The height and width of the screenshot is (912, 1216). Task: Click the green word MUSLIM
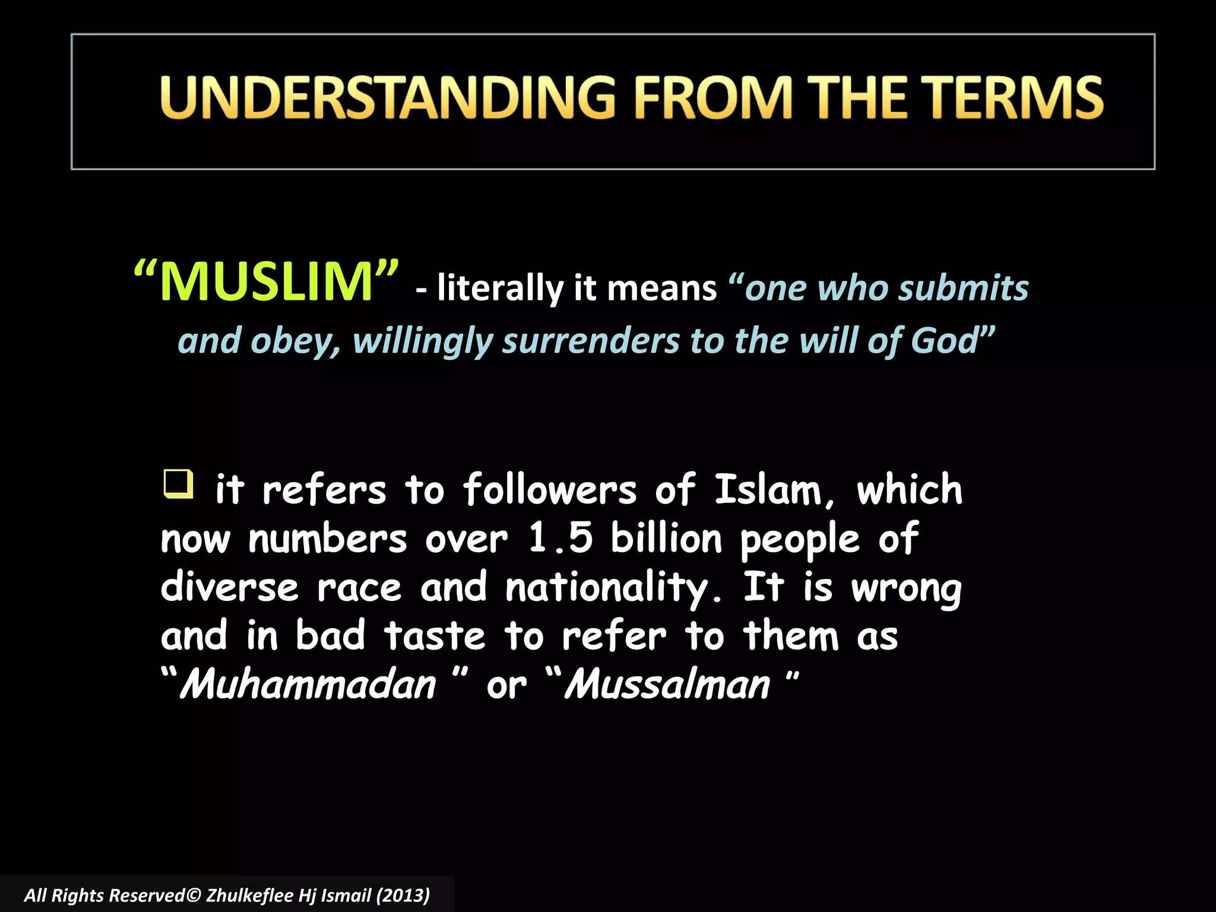point(267,281)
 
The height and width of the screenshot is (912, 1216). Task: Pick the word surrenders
point(591,341)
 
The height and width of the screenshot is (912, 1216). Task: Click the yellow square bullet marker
point(178,483)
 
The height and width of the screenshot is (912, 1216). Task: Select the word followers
point(549,490)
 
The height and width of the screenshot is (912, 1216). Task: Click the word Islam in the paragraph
point(769,490)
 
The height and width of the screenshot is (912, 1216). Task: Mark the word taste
point(435,636)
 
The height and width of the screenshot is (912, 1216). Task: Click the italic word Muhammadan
point(308,685)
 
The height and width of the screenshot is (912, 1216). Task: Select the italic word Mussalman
point(667,685)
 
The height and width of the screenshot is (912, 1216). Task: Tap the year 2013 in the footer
point(403,895)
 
